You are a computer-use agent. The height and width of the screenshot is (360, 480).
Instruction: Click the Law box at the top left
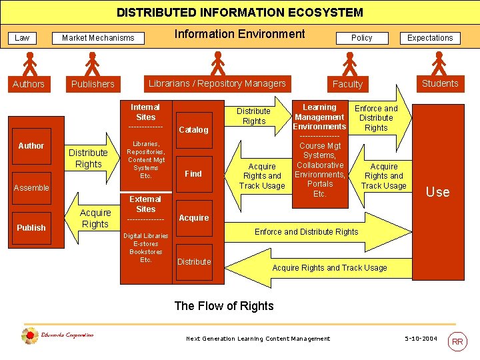click(22, 38)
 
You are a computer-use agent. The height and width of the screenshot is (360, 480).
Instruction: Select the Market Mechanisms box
click(98, 38)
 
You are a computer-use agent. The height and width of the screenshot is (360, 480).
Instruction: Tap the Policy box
click(361, 38)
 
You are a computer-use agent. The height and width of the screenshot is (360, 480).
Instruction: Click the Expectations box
click(430, 38)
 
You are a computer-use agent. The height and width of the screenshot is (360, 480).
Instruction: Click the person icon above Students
click(439, 63)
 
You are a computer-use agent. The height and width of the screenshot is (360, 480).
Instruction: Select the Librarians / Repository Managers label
click(217, 83)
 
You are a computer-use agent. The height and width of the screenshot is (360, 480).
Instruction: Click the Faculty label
click(347, 84)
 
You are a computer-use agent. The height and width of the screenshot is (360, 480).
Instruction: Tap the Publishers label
click(93, 84)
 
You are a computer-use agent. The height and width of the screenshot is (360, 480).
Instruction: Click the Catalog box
click(193, 129)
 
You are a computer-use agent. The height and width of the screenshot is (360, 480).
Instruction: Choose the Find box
click(193, 173)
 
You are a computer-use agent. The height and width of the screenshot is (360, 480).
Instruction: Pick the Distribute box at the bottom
click(194, 261)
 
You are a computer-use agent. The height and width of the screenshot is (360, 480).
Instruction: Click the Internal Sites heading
click(145, 112)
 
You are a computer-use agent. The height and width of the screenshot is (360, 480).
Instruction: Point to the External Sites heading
click(145, 204)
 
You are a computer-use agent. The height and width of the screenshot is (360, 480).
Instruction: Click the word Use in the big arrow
click(437, 192)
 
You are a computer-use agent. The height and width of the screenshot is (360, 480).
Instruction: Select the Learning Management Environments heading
click(319, 117)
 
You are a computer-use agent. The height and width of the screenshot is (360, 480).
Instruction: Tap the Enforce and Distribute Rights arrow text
click(306, 231)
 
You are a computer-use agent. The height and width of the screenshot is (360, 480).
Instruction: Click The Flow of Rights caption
click(224, 306)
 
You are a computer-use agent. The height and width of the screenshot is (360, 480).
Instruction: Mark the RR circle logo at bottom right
click(457, 341)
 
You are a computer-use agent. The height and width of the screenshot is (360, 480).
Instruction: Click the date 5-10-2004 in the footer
click(421, 339)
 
